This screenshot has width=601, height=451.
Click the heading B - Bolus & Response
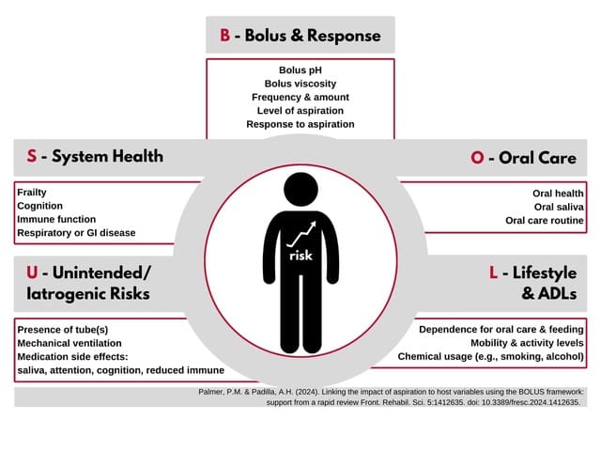pos(300,36)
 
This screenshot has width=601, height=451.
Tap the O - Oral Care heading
pos(523,157)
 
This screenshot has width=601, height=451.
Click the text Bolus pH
pos(300,70)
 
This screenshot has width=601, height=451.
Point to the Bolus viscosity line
pos(300,84)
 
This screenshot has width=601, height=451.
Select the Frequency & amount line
pos(300,97)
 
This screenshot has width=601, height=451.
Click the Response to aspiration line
pos(300,124)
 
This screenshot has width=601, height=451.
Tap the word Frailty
pos(32,193)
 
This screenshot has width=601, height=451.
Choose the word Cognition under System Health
pos(40,206)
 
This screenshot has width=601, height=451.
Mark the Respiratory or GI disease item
pos(76,232)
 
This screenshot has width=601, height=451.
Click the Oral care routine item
pos(545,221)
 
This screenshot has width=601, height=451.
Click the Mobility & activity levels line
pos(527,343)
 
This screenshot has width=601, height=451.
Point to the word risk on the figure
pos(300,256)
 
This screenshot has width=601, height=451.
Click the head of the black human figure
pos(300,189)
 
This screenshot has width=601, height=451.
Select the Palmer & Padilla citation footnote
pos(405,396)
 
